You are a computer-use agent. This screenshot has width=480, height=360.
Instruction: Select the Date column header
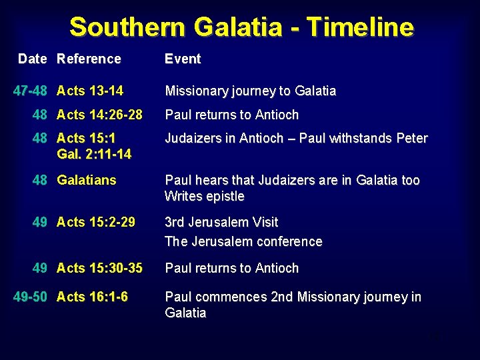tap(32, 59)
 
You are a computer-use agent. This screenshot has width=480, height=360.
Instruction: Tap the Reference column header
tap(89, 59)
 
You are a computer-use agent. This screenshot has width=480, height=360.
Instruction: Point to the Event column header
tap(183, 59)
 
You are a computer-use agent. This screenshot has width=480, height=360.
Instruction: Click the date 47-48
tap(30, 91)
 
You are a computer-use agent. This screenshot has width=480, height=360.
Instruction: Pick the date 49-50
tap(30, 297)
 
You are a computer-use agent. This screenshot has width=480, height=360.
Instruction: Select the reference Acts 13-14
tap(90, 91)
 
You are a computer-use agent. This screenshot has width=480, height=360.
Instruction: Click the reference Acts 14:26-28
tap(99, 115)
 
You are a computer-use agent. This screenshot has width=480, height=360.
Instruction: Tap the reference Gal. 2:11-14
tap(94, 154)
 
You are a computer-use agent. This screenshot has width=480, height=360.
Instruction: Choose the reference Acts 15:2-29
tap(97, 222)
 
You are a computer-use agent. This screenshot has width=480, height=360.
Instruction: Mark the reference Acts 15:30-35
tap(99, 268)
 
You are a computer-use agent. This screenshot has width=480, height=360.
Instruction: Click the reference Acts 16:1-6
tap(92, 297)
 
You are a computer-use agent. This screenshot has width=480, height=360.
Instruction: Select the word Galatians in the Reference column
tap(86, 180)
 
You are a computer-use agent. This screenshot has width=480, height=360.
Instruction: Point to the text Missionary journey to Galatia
tap(250, 91)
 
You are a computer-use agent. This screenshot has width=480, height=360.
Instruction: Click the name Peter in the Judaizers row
tap(412, 138)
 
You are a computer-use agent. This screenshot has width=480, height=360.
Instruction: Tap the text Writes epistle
tap(204, 197)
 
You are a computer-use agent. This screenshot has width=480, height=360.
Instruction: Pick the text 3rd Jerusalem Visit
tap(221, 222)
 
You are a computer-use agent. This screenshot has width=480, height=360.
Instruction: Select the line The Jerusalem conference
tap(243, 241)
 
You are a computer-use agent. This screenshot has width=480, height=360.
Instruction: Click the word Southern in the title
tap(127, 27)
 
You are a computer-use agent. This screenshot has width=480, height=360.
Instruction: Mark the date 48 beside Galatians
tap(39, 180)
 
